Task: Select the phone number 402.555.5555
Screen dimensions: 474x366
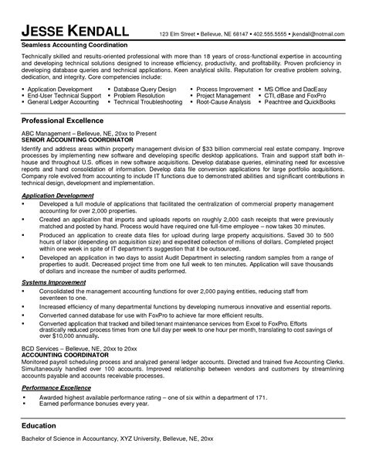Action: pos(266,36)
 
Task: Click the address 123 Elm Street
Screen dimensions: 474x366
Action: pos(177,36)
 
